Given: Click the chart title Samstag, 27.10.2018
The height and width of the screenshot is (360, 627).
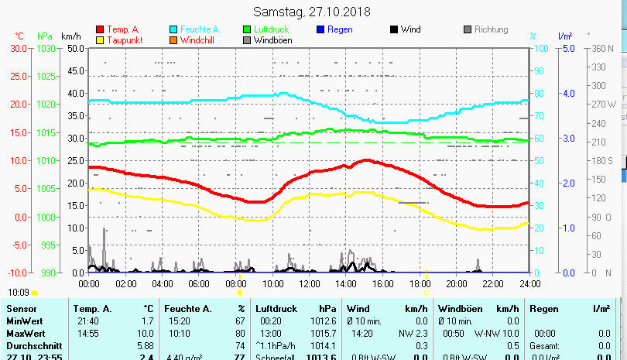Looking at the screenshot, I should coord(313,12).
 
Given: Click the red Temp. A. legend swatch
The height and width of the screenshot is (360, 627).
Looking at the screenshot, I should coord(101,30).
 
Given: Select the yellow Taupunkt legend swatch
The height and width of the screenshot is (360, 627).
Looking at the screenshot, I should coord(101,40).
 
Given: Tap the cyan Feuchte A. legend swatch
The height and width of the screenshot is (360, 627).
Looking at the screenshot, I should coord(173,30).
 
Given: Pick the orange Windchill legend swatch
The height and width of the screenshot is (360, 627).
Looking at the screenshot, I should coord(173,40).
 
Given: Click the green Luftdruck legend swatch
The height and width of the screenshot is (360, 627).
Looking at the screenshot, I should coord(247,30).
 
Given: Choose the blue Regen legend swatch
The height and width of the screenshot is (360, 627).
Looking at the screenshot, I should coord(320,30).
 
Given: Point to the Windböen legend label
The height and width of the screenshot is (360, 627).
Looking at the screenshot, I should coord(272,40).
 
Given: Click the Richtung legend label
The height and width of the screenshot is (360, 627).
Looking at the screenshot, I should coord(491,30).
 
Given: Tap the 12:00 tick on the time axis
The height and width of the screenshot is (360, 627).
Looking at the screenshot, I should coord(309,284).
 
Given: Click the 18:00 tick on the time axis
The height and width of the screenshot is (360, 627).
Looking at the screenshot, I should coord(420,284).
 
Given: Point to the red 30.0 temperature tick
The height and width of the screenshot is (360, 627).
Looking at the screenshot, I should coord(19,48).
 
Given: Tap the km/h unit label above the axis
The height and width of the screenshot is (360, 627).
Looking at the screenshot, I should coord(70,36).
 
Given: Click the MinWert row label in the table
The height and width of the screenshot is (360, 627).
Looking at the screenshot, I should coord(23,321).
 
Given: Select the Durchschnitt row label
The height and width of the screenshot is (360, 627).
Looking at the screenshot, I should coord(31,345).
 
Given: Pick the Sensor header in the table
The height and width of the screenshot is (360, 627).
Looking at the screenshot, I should coord(21,309).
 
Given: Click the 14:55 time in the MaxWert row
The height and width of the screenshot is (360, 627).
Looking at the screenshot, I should coord(87,333).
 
